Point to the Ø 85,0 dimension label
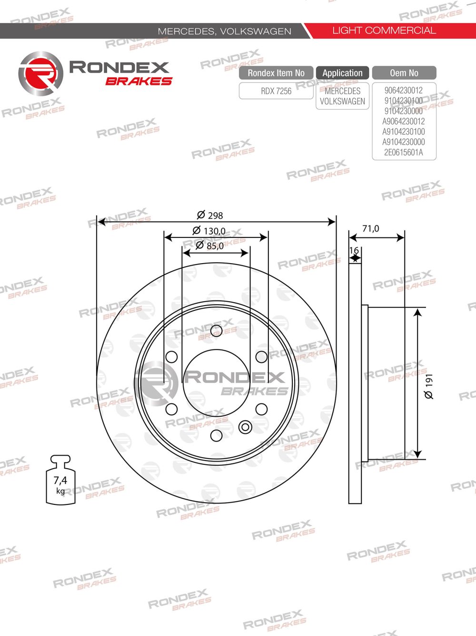pos(209,246)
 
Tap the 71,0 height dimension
pos(370,229)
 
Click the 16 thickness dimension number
pos(354,251)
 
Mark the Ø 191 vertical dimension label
pos(429,386)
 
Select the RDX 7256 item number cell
pos(276,91)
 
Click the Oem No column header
pos(404,73)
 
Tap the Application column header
pos(342,73)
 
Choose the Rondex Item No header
pos(276,73)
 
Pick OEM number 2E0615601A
pos(404,153)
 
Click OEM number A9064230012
pos(404,121)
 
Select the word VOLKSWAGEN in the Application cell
pos(342,101)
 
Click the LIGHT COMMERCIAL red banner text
pos(384,31)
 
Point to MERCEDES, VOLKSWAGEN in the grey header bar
pos(224,31)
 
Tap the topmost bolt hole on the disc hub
pos(216,330)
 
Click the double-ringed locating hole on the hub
pos(245,427)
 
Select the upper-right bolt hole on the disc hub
pos(261,357)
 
